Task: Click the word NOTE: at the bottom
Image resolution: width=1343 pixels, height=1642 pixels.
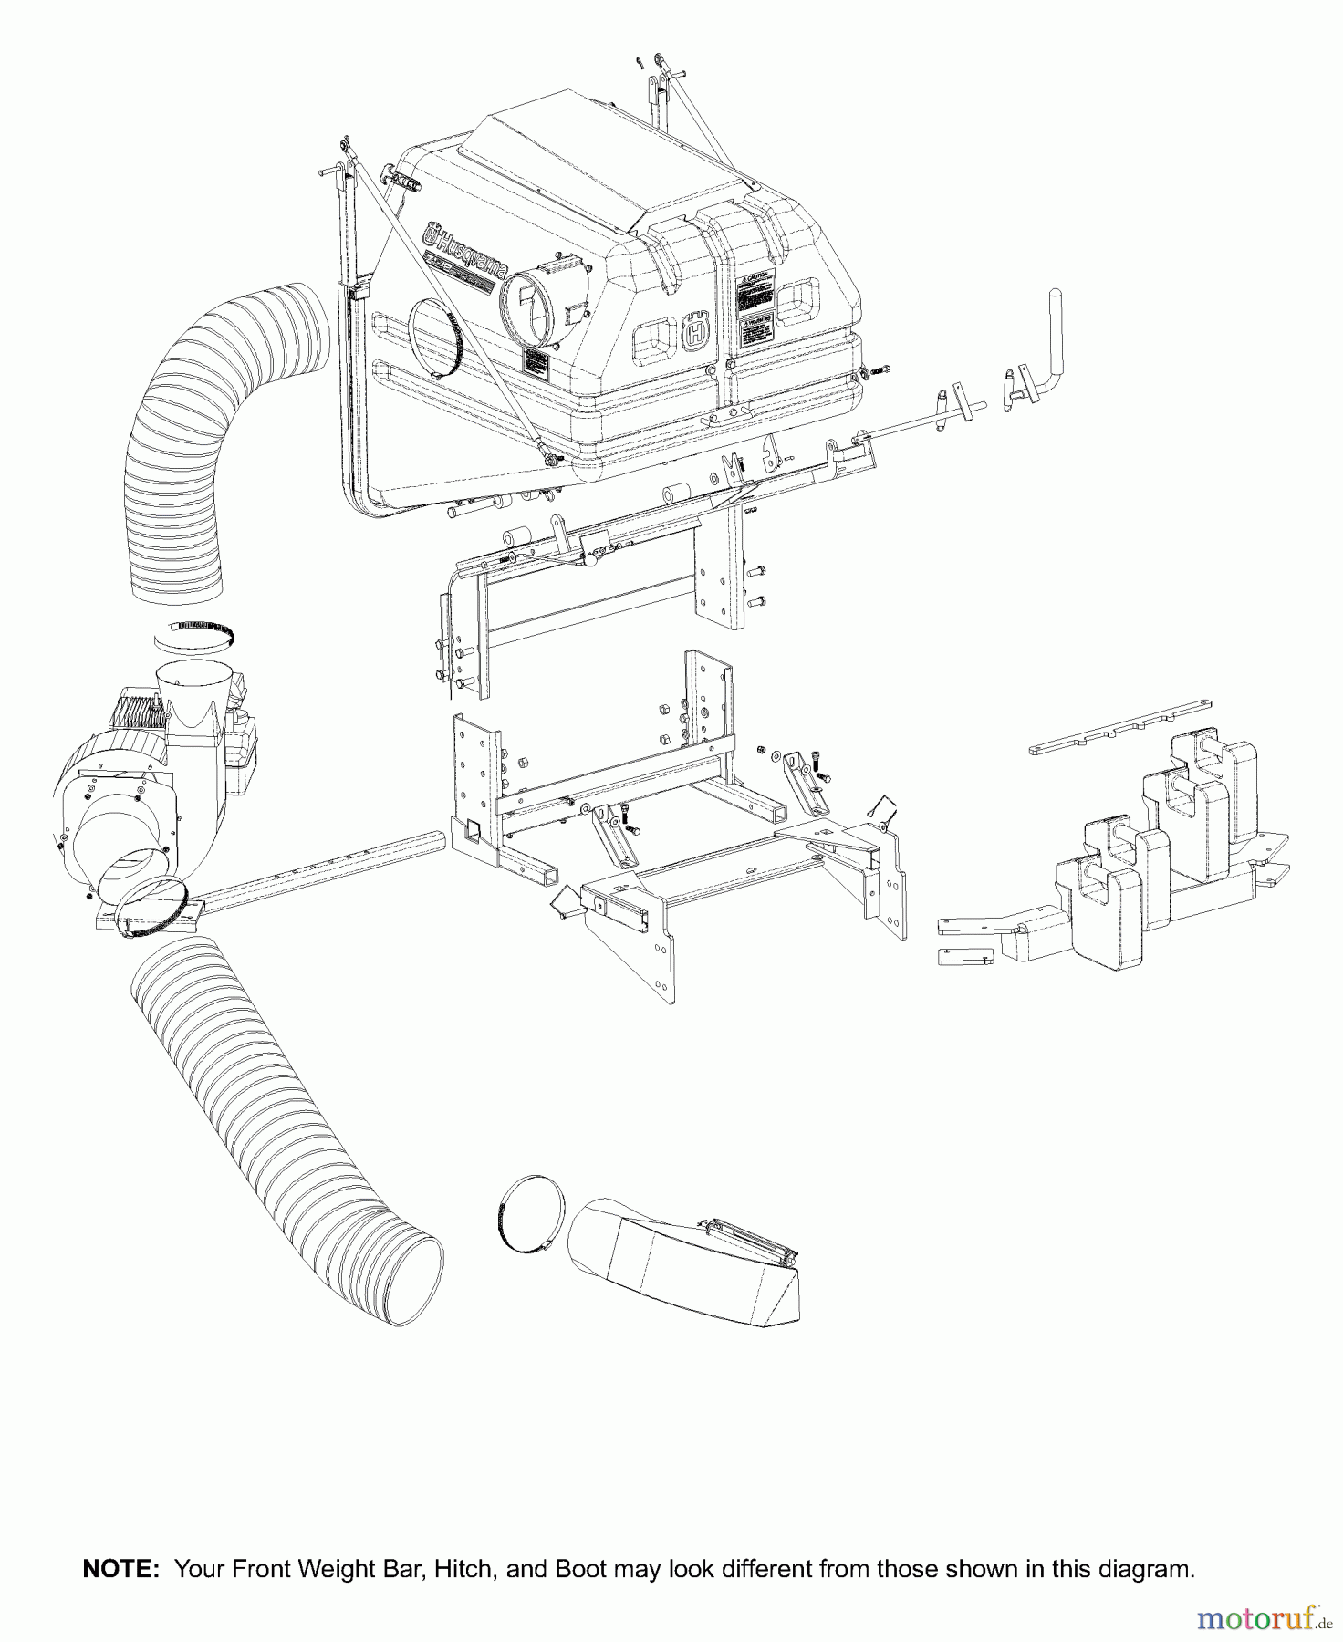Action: point(120,1570)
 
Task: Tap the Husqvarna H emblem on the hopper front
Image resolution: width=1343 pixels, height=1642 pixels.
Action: point(694,332)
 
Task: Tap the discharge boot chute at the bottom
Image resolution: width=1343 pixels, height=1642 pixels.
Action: point(684,1259)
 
